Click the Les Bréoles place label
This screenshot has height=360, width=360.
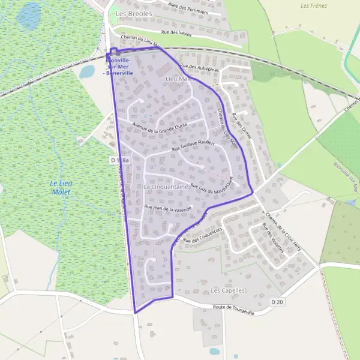pyautogui.click(x=134, y=13)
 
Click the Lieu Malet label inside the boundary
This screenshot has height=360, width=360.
pyautogui.click(x=177, y=79)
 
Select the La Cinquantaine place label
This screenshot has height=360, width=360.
pyautogui.click(x=166, y=187)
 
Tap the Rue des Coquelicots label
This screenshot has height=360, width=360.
pyautogui.click(x=202, y=235)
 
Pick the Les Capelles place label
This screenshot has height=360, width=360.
pyautogui.click(x=229, y=290)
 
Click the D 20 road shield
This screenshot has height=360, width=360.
pyautogui.click(x=276, y=302)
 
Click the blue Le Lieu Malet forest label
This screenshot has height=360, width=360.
pyautogui.click(x=60, y=187)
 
